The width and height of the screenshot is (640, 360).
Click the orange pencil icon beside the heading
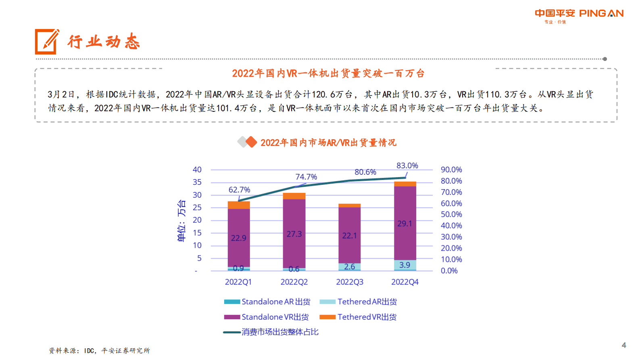point(46,41)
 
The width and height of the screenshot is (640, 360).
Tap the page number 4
point(623,345)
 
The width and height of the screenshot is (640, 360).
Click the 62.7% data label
point(239,190)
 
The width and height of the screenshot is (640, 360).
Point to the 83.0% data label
point(407,165)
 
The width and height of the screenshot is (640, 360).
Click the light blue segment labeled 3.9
point(405,265)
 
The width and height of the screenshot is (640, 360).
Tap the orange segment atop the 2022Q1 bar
point(238,205)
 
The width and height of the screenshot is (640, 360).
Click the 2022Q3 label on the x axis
point(349,282)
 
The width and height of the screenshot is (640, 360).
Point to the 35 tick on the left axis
point(197,182)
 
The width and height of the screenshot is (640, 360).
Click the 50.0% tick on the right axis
point(451,214)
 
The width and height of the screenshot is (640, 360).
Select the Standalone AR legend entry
point(267,301)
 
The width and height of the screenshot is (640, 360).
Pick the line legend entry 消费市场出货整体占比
point(271,332)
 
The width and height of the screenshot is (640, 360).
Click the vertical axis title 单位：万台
point(181,220)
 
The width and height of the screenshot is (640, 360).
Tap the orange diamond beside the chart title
point(251,142)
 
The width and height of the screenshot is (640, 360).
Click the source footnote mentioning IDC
point(99,350)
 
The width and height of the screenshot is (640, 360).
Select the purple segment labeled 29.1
point(405,223)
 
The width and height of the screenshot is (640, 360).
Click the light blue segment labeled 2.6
point(349,266)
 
